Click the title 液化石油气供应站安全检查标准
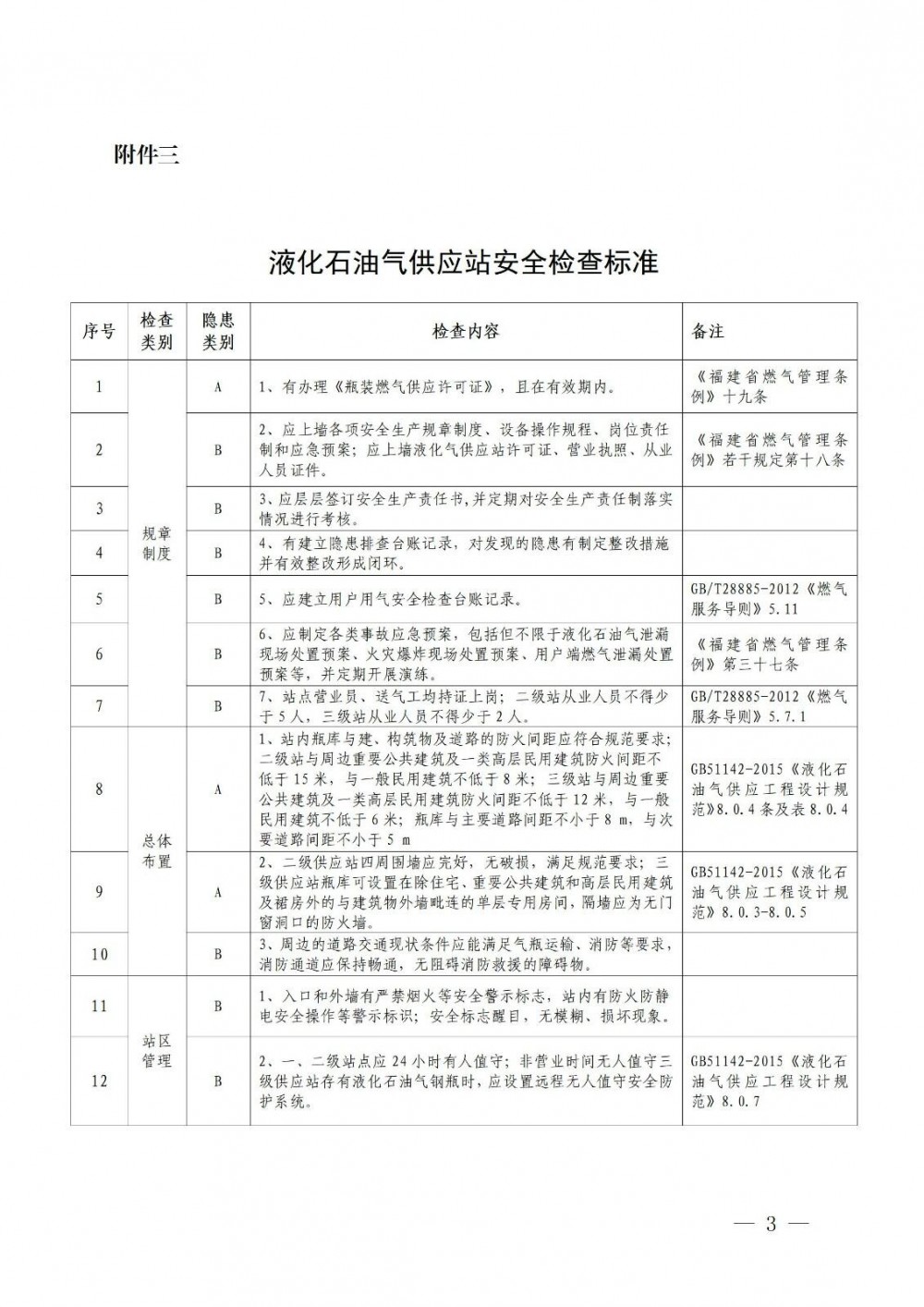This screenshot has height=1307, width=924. click(463, 263)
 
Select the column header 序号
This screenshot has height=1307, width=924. click(99, 331)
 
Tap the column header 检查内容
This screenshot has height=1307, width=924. click(466, 331)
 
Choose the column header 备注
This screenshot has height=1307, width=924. click(708, 331)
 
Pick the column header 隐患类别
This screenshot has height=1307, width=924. click(218, 331)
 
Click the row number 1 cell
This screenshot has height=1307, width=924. click(99, 386)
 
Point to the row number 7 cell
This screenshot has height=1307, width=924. click(99, 706)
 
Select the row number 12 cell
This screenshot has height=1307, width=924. click(99, 1081)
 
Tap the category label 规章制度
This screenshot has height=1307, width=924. click(156, 544)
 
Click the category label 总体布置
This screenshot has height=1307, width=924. click(156, 851)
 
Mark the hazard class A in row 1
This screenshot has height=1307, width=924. click(218, 386)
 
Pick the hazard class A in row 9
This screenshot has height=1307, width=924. click(218, 892)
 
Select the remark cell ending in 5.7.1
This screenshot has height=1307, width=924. click(769, 706)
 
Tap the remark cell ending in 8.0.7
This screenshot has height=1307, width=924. click(769, 1081)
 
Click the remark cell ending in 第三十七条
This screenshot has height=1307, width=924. click(769, 653)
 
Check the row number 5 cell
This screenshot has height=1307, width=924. click(99, 600)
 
